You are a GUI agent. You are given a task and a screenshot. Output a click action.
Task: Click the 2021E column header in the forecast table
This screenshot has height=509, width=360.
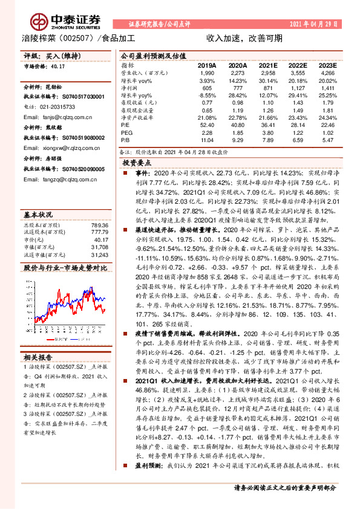click(x=268, y=65)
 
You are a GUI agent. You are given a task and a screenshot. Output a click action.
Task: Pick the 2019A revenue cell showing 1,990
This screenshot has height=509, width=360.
click(x=208, y=72)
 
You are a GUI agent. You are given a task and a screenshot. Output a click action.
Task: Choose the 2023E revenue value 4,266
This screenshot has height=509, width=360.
click(x=327, y=72)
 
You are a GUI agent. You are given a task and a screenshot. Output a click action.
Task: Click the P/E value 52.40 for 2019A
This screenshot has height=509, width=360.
click(x=207, y=125)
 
